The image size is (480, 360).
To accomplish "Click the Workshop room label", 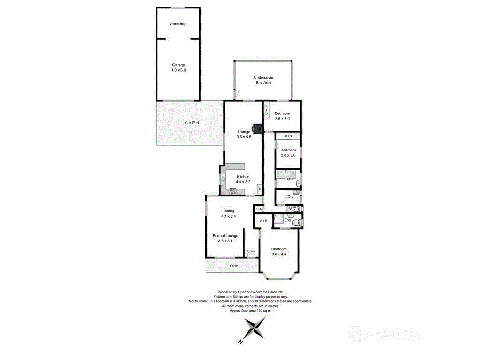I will pos(178,24).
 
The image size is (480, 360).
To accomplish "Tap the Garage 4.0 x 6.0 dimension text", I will pos(178,70).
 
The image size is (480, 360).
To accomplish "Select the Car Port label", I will pos(192,123).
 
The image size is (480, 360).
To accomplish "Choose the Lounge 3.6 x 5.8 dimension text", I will pos(244,137).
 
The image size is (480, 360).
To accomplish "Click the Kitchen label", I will pos(243,177).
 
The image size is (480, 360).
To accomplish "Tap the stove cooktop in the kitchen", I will pos(232,191).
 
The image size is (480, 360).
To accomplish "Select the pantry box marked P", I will pos(259,189).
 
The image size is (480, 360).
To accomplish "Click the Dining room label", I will pos(228,211).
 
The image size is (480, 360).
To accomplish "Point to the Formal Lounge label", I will pos(225,236).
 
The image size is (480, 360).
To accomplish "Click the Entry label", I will pos(251,251).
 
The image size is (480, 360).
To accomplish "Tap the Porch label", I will pos(234,266).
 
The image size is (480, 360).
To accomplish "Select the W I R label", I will pos(263,221).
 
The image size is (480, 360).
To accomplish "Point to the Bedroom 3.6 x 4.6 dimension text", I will pos(278,254).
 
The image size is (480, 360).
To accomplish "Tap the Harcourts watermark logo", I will pos(385,333).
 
